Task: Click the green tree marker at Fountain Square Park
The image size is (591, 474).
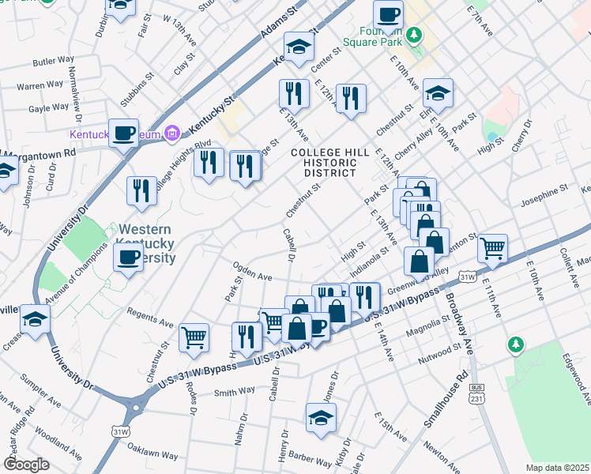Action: coord(413,36)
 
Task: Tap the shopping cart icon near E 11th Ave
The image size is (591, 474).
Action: coord(492,248)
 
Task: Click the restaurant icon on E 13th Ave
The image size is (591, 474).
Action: coord(292,93)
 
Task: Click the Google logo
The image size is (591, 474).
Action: coord(26,464)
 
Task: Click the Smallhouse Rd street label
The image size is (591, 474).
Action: coord(448,400)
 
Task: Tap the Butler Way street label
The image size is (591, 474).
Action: coord(54,60)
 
